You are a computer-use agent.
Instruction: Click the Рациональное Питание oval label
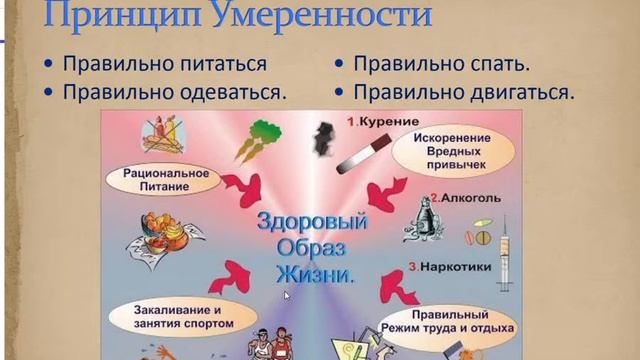(x=166, y=179)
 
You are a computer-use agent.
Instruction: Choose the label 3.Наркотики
(x=446, y=268)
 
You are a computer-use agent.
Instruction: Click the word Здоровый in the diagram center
(x=312, y=223)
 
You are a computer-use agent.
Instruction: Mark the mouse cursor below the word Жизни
(x=287, y=296)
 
